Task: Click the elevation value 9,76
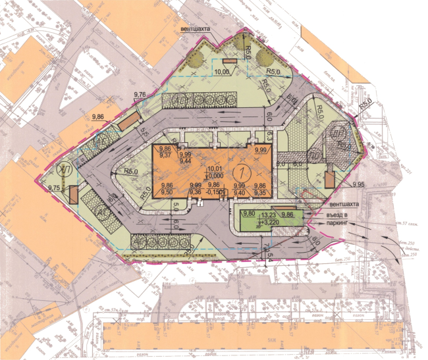point(140,95)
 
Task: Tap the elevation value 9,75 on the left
point(55,188)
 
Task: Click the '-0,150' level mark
point(215,193)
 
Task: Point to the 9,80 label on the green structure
point(248,215)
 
